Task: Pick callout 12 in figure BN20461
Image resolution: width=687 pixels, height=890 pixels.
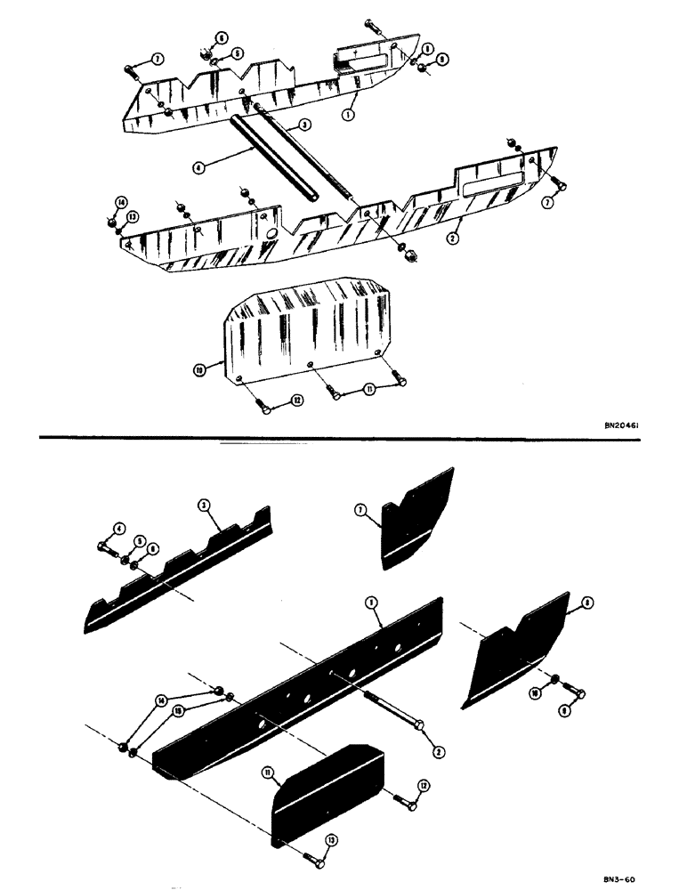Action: (x=297, y=401)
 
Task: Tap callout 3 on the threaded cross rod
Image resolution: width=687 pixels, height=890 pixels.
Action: (x=303, y=128)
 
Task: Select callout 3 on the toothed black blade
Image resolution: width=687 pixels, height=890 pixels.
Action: (x=203, y=505)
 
